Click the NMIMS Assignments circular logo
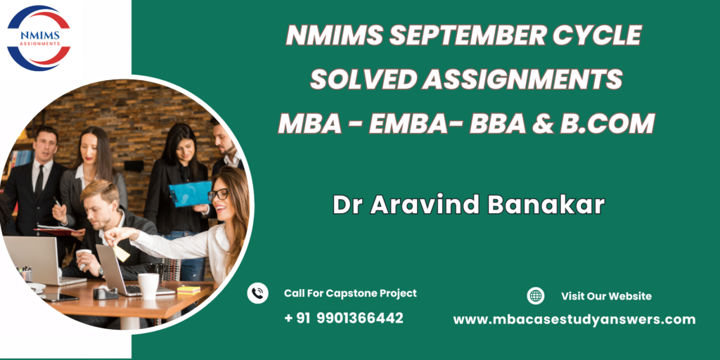point(39,38)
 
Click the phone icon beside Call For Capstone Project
point(257,293)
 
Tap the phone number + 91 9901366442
point(343,318)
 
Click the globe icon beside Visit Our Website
point(535,296)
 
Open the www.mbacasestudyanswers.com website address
point(574,319)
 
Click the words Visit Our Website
point(606,296)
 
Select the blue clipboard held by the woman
point(190,194)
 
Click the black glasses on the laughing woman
point(219,195)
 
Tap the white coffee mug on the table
point(148,286)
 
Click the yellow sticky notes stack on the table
point(188,290)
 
